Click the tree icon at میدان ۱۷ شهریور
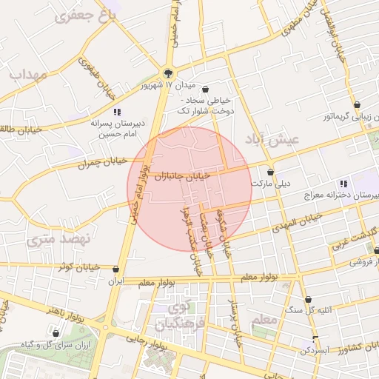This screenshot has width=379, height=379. [168, 73]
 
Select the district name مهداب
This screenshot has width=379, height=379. [28, 75]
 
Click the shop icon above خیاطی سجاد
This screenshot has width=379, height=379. [205, 90]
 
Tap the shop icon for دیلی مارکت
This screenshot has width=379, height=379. [270, 172]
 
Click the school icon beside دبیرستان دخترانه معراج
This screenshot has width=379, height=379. [343, 184]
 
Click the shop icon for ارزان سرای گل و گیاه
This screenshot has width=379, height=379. [57, 335]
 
